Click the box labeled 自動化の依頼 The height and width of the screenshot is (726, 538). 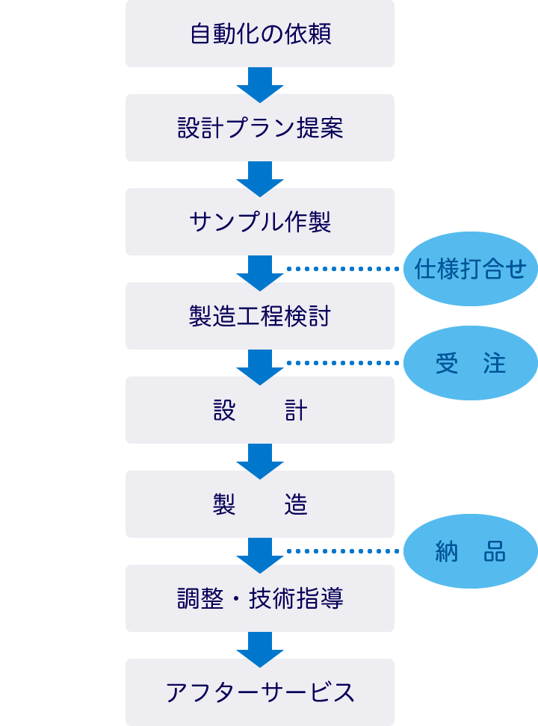[x=259, y=34]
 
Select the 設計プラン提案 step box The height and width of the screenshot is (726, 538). [x=259, y=128]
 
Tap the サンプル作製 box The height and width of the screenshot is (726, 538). [x=259, y=222]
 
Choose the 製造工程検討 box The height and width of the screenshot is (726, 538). [x=259, y=316]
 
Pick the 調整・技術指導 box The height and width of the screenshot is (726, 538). [x=259, y=598]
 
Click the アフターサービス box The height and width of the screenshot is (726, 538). [x=259, y=692]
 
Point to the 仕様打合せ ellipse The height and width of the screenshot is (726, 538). [x=471, y=269]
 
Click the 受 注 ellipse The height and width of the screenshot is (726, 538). [x=471, y=363]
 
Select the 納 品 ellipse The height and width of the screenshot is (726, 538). [x=471, y=551]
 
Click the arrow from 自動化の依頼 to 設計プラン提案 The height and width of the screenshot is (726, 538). [x=260, y=82]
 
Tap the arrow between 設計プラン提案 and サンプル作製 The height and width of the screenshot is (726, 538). [x=260, y=176]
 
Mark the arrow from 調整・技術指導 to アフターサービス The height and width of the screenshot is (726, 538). [x=260, y=647]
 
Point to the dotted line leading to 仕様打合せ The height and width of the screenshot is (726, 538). [x=344, y=269]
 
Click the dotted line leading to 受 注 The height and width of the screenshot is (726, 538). [x=344, y=363]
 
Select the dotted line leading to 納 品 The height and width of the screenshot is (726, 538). [x=344, y=551]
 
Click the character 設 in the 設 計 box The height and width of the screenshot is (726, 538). [x=224, y=411]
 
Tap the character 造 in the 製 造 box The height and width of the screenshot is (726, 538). [x=296, y=505]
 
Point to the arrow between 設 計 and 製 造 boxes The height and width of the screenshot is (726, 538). [x=260, y=459]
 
